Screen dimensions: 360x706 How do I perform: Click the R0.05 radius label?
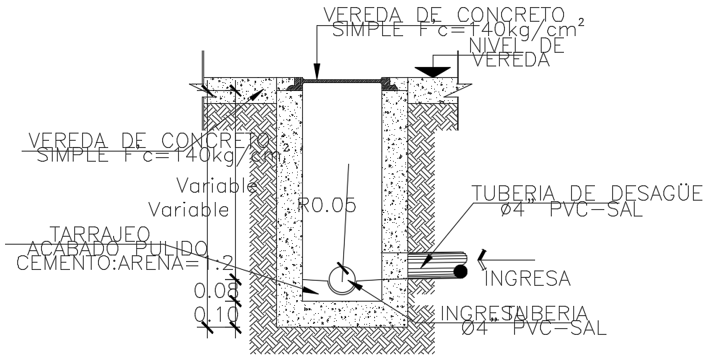coord(329,206)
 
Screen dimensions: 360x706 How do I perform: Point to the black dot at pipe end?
coord(459,271)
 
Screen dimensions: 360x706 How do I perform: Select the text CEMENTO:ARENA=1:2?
coord(123,262)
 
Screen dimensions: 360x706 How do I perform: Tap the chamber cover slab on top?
coord(343,81)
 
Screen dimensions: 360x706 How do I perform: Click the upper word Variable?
coord(216,187)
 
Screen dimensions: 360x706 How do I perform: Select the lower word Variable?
coord(189,210)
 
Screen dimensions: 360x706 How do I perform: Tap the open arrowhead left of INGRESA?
coord(481,255)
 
